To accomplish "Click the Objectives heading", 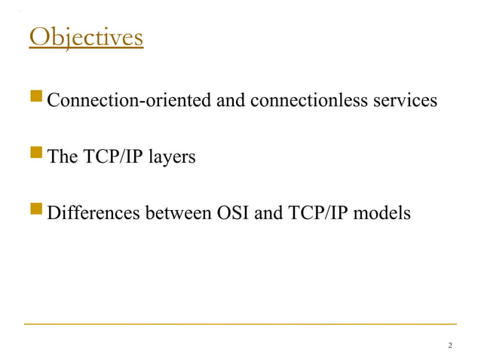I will [85, 37].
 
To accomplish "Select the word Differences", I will [91, 214].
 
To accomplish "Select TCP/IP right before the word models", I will [320, 214].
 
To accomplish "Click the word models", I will [384, 214].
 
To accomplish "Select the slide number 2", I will [449, 345].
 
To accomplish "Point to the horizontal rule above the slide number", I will [240, 324].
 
